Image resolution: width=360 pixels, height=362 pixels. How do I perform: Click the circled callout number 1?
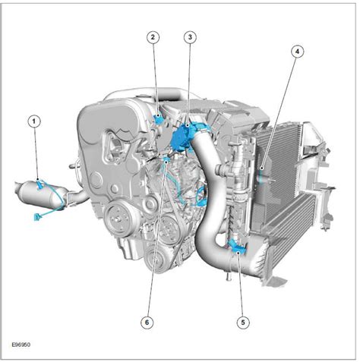(33, 120)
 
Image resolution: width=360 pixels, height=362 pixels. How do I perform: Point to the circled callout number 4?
(298, 52)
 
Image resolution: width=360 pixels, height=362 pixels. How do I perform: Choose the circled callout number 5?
(242, 322)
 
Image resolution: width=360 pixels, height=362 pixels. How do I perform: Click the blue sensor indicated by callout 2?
(158, 118)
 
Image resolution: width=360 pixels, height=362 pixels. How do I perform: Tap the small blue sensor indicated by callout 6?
(168, 161)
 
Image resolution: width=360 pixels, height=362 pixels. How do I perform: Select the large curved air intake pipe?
(213, 220)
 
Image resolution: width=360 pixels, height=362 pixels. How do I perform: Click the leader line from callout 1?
(36, 152)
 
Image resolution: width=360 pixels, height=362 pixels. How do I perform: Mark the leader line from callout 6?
(156, 243)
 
